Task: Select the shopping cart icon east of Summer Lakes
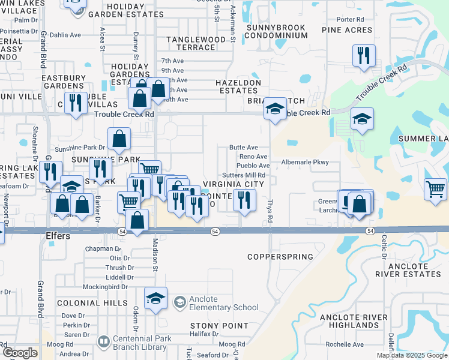[x=435, y=189]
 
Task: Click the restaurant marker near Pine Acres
[x=364, y=56]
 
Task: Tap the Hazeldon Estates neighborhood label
[x=239, y=86]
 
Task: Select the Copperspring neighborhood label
[x=280, y=257]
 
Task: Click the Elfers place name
[x=58, y=236]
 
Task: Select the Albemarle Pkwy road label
[x=305, y=162]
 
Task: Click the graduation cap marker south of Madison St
[x=155, y=298]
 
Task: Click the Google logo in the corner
[x=20, y=353]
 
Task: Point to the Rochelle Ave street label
[x=345, y=344]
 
